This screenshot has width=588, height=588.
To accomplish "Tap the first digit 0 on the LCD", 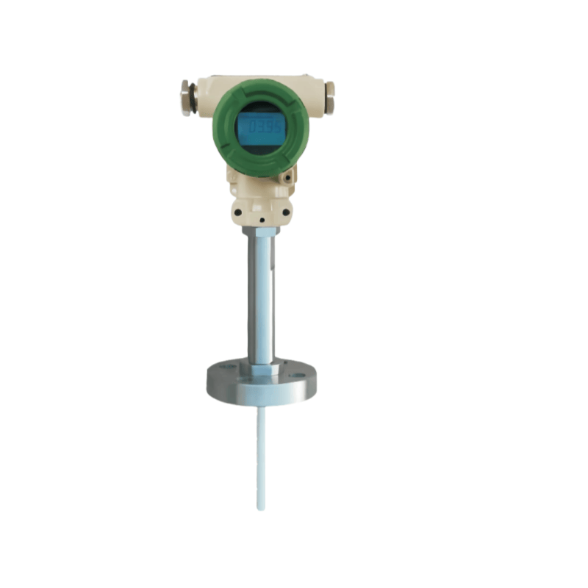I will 251,127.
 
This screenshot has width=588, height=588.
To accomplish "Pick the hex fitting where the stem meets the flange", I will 261,361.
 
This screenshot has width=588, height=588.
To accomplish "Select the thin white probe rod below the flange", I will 261,456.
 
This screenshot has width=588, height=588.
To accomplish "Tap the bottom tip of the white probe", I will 261,508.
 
